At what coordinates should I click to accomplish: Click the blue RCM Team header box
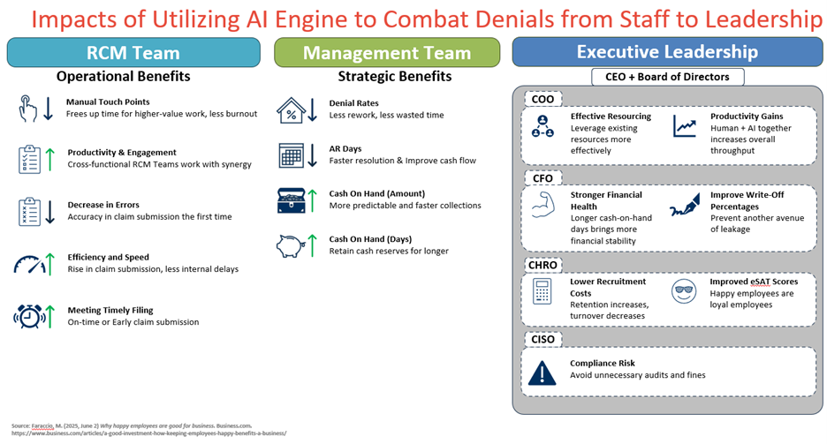click(x=133, y=53)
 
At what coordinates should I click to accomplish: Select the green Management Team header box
click(x=387, y=53)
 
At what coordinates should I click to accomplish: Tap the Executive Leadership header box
click(x=667, y=52)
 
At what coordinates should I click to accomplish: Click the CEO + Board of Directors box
click(x=667, y=77)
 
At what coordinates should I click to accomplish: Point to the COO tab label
click(x=542, y=99)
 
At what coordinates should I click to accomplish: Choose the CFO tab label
click(x=542, y=178)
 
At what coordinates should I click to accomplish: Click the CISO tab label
click(x=543, y=339)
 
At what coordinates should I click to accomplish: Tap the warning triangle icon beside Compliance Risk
click(x=542, y=373)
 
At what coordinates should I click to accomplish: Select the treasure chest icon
click(x=292, y=200)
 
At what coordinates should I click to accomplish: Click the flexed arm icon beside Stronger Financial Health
click(x=542, y=207)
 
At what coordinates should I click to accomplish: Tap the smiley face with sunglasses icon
click(x=683, y=291)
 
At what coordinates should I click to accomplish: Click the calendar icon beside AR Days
click(x=292, y=155)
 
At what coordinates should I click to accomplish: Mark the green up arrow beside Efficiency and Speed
click(x=50, y=263)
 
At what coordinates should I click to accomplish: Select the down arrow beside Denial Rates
click(x=313, y=109)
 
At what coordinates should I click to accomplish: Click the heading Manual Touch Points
click(x=108, y=102)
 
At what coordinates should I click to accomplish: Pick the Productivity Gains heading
click(x=747, y=117)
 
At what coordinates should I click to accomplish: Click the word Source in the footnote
click(x=20, y=425)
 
